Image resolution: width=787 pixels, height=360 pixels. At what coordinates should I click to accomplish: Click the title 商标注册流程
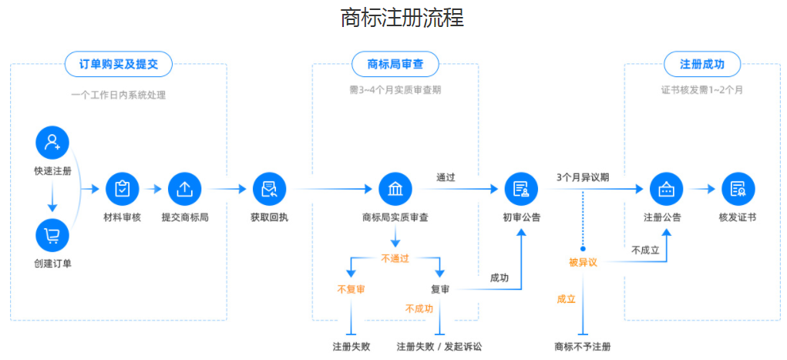pos(402,18)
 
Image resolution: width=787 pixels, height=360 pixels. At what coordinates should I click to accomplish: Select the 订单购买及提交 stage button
pos(119,64)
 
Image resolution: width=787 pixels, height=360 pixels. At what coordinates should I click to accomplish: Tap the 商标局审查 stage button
pos(395,64)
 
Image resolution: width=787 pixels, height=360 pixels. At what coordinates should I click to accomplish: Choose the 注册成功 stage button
pos(701,64)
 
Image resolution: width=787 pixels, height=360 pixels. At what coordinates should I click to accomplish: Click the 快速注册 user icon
pos(52,143)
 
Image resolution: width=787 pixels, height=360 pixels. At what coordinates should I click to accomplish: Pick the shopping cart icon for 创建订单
pos(52,235)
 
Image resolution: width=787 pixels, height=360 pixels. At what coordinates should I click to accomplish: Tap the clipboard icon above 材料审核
pos(122,189)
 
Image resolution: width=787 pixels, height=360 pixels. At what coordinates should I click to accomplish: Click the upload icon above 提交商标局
pos(185,189)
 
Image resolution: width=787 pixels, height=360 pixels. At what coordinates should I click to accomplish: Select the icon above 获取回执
pos(269,189)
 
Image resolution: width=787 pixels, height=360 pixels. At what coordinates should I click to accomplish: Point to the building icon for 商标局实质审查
pos(395,189)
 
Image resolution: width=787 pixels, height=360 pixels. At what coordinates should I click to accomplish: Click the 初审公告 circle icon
pos(521,189)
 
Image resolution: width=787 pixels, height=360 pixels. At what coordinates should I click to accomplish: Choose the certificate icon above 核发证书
pos(738,189)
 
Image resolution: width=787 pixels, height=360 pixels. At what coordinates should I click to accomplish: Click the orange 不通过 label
pos(395,259)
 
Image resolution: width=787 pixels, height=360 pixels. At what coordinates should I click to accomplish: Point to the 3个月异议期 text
pos(583,177)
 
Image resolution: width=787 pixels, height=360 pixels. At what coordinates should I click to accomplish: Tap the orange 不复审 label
pos(351,289)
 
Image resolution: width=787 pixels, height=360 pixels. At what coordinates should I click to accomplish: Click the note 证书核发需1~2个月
pos(701,90)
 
